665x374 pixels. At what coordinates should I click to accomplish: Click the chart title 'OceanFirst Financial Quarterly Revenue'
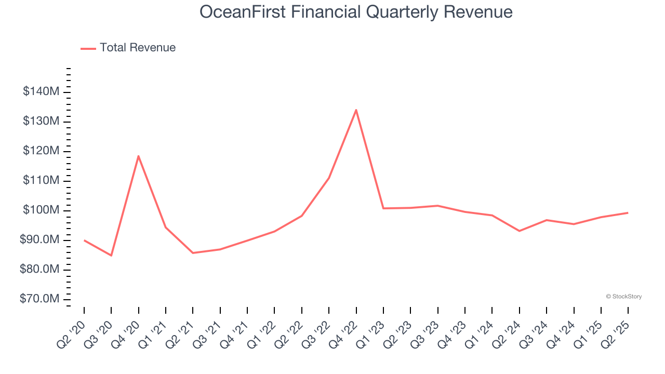point(356,12)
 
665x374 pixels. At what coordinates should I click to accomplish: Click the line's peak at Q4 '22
point(356,110)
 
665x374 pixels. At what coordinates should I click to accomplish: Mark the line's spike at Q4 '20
point(138,156)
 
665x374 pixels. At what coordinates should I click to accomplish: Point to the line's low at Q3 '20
point(111,256)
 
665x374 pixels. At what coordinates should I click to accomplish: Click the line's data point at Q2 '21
point(193,253)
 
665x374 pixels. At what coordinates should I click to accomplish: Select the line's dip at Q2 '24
point(519,231)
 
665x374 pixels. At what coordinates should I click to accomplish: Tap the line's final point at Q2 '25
point(628,212)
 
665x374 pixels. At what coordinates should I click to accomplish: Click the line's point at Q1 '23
point(383,208)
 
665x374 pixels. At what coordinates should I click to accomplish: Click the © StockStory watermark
point(623,297)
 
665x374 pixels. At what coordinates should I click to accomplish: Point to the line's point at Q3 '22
point(329,178)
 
